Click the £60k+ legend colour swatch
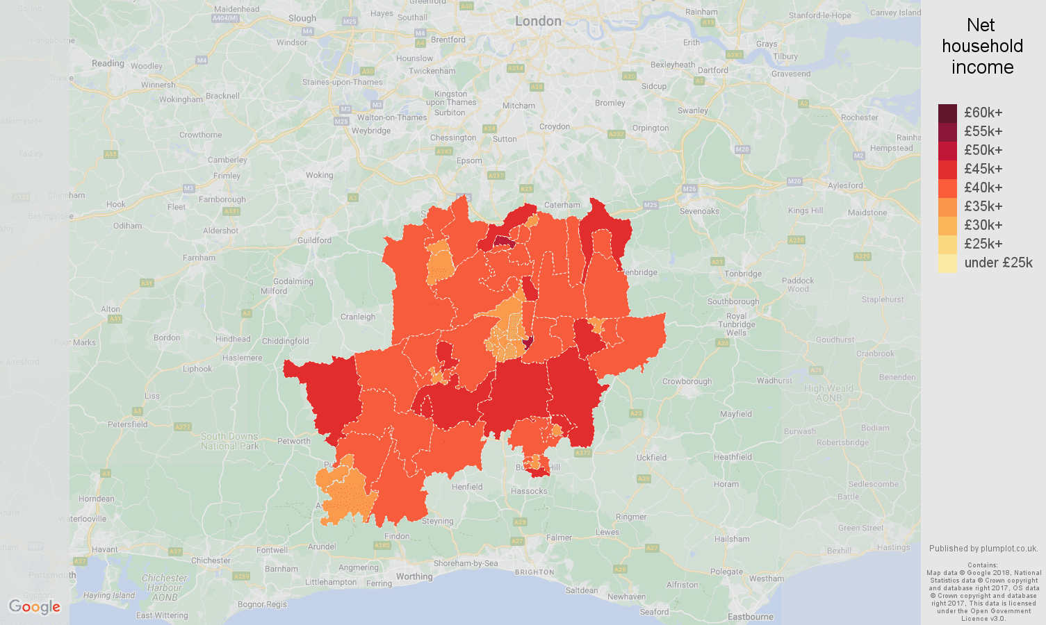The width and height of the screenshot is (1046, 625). [x=947, y=112]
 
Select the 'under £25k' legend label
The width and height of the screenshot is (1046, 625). [x=998, y=262]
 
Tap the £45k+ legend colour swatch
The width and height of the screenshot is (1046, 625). [x=947, y=169]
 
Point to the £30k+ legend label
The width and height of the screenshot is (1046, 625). [x=983, y=225]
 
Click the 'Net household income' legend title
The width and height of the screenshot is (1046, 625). [x=982, y=47]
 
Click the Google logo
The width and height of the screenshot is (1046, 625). [x=35, y=607]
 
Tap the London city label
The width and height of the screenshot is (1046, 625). [x=538, y=22]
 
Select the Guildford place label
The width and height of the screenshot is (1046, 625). [x=314, y=240]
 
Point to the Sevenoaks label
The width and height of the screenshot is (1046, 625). [x=699, y=211]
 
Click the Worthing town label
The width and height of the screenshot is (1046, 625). [x=414, y=576]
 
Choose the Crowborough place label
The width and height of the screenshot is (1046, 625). [x=687, y=381]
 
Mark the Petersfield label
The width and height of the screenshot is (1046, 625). [x=128, y=424]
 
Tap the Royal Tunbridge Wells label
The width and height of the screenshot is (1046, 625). [x=737, y=324]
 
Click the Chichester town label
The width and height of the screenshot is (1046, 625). [x=211, y=560]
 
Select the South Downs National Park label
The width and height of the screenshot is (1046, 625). [x=229, y=441]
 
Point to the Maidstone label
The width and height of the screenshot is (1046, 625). [x=867, y=212]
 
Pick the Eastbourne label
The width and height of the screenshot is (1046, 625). [x=750, y=617]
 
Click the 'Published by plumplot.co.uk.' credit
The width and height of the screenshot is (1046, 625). [x=983, y=548]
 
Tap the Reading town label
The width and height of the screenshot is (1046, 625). [x=108, y=63]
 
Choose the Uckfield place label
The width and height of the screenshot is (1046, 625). [x=651, y=458]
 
